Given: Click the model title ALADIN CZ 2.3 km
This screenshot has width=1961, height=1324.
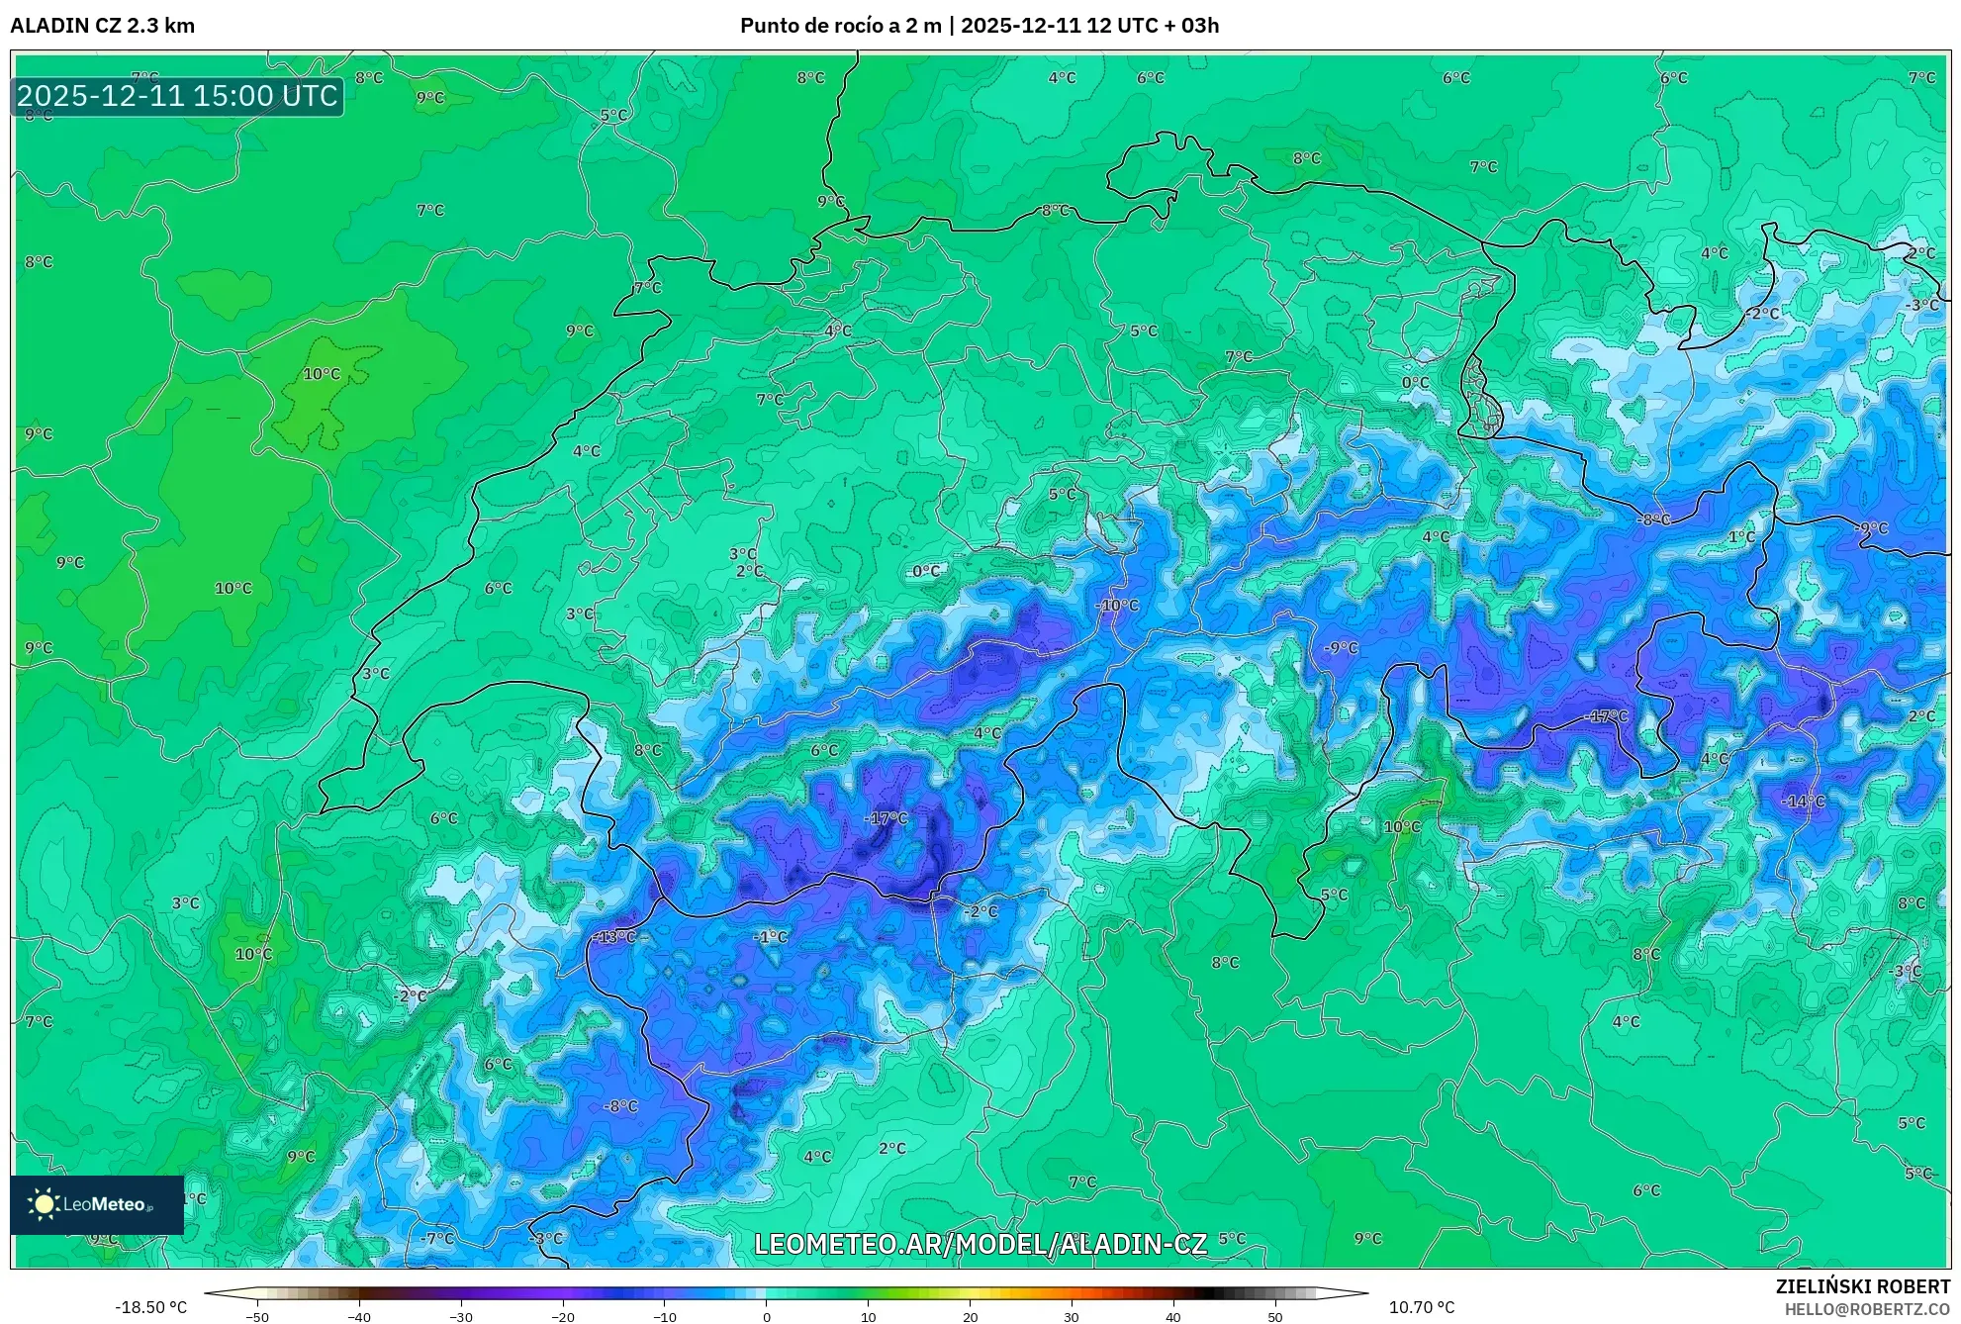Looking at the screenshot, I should (x=102, y=26).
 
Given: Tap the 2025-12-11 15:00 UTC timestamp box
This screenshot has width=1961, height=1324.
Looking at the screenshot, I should (x=177, y=96).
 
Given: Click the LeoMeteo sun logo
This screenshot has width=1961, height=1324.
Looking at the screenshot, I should (x=44, y=1203).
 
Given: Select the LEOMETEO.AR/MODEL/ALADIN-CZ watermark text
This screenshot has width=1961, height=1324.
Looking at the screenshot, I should (x=980, y=1244).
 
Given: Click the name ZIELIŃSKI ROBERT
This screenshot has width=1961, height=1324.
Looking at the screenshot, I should (x=1863, y=1286).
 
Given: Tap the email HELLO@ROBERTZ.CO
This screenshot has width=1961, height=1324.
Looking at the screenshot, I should (x=1867, y=1309).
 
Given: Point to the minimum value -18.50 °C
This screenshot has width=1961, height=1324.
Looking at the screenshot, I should (x=150, y=1307).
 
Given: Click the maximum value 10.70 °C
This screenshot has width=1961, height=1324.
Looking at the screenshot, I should (x=1422, y=1307).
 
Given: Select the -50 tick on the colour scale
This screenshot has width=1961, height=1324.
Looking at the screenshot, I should (x=256, y=1317).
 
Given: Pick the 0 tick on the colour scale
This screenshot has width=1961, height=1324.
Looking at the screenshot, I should (x=766, y=1317).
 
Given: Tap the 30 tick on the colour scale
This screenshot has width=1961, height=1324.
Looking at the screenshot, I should (x=1072, y=1317).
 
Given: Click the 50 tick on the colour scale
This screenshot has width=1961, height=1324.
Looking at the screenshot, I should (x=1275, y=1317).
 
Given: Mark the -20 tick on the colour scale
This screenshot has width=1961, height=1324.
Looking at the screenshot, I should (x=562, y=1317).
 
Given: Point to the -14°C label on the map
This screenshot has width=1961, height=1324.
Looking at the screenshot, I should (x=1803, y=801).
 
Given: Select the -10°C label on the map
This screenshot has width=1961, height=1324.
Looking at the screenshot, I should (x=1117, y=605).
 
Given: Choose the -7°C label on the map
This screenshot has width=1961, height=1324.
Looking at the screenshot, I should (x=437, y=1238).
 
